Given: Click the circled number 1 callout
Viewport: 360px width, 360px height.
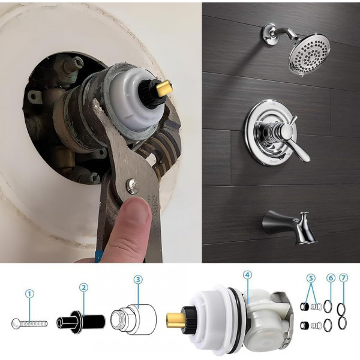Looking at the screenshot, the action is pyautogui.click(x=29, y=293).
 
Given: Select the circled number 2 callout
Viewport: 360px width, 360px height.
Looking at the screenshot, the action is pyautogui.click(x=83, y=287).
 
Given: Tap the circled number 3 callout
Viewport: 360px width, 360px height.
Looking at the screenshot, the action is pyautogui.click(x=138, y=280).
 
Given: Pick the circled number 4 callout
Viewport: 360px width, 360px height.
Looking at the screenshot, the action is pyautogui.click(x=247, y=275).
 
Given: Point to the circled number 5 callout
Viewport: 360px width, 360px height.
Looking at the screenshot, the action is pyautogui.click(x=311, y=278).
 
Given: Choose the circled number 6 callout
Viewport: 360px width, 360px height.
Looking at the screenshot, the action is pyautogui.click(x=331, y=278).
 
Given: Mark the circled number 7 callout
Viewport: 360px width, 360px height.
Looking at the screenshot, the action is pyautogui.click(x=343, y=278).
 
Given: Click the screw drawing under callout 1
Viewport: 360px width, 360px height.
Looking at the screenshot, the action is pyautogui.click(x=29, y=324).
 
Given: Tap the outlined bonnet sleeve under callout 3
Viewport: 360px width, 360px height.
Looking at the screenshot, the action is pyautogui.click(x=134, y=320).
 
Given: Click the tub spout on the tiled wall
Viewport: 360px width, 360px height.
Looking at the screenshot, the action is pyautogui.click(x=290, y=226).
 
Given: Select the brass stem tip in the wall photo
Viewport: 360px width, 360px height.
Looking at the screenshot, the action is pyautogui.click(x=164, y=87).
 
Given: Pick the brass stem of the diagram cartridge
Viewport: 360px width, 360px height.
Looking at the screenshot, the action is pyautogui.click(x=176, y=318).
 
